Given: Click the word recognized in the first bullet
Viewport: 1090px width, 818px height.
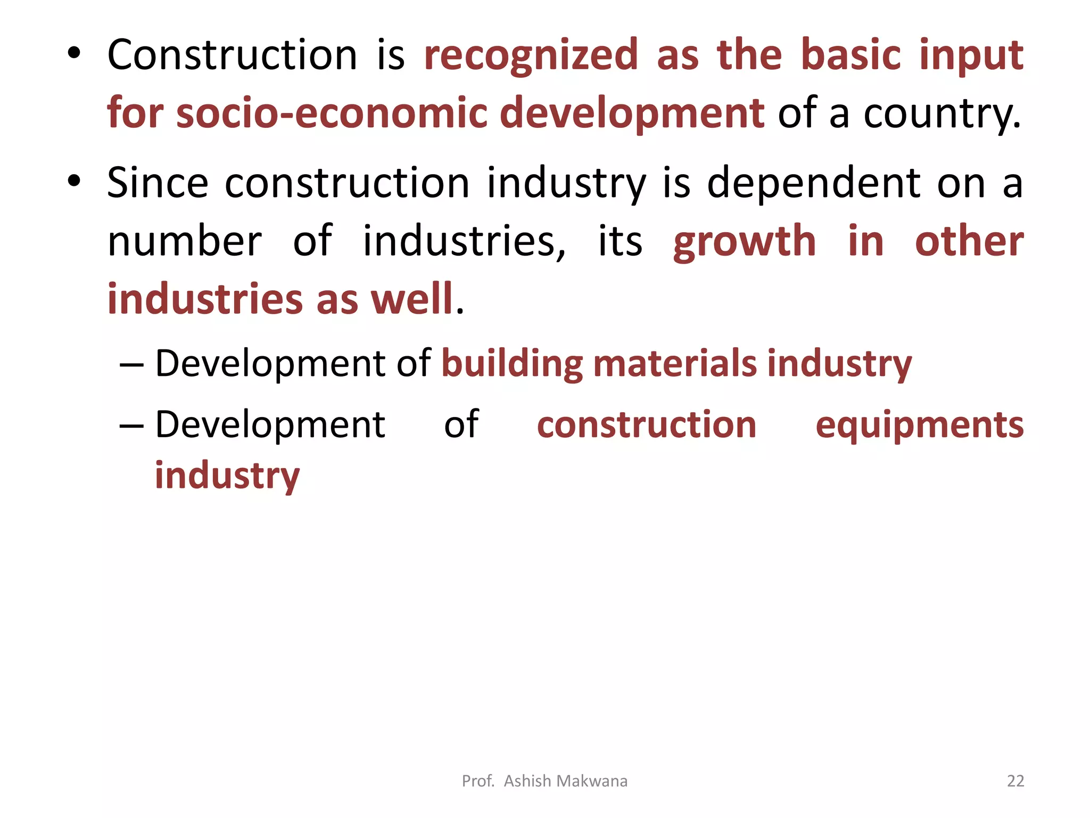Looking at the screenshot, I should pyautogui.click(x=531, y=55).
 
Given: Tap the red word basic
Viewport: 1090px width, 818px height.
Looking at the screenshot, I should pyautogui.click(x=850, y=55).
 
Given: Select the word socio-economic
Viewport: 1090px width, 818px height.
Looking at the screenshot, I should pyautogui.click(x=332, y=113).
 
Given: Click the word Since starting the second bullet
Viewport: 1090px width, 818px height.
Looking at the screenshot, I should pyautogui.click(x=157, y=183).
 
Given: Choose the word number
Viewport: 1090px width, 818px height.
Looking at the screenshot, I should pyautogui.click(x=185, y=241).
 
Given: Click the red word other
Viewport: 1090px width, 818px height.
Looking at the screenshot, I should pyautogui.click(x=969, y=241).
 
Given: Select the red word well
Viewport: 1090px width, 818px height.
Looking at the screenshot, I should pyautogui.click(x=411, y=299).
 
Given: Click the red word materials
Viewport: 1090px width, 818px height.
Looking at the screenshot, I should pyautogui.click(x=674, y=363).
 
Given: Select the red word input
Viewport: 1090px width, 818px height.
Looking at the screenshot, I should pyautogui.click(x=971, y=56).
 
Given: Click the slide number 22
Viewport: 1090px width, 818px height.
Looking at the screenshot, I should pyautogui.click(x=1015, y=781).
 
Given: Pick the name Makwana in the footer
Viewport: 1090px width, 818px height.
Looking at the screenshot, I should pyautogui.click(x=592, y=781).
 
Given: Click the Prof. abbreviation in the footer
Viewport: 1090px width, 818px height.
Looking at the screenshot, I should pyautogui.click(x=478, y=781).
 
